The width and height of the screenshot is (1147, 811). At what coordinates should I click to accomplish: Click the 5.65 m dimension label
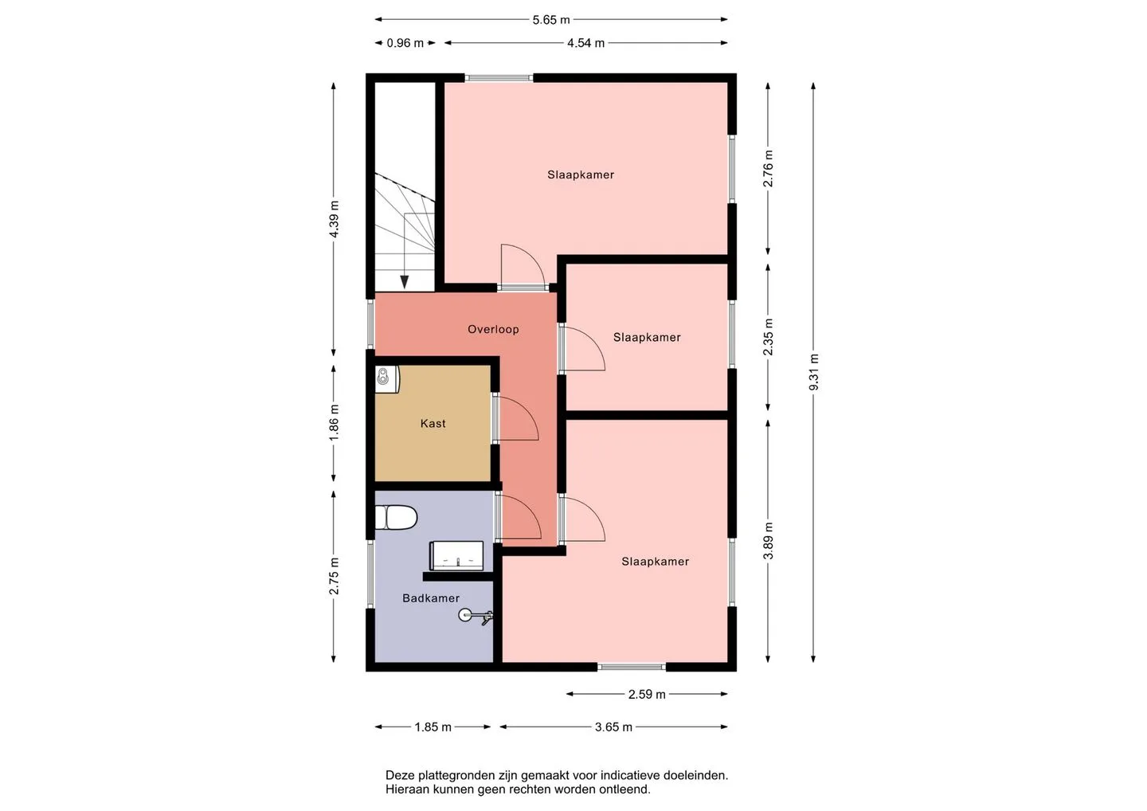(x=551, y=20)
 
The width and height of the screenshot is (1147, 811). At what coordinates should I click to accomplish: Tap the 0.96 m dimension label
(x=405, y=43)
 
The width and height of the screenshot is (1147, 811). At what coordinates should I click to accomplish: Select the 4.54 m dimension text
(x=585, y=43)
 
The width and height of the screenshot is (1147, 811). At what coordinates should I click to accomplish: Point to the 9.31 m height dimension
(x=814, y=372)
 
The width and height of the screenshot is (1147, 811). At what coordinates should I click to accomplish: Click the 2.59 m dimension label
(x=647, y=694)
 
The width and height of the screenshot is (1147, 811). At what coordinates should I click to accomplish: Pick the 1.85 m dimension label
(x=433, y=727)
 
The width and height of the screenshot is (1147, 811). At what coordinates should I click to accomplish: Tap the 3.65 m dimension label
(x=613, y=727)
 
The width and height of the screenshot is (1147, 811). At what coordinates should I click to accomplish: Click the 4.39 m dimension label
(x=334, y=219)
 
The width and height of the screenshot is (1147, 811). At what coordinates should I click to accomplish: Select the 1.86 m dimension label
(x=334, y=423)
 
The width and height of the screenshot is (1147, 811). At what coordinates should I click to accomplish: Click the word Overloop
(x=493, y=329)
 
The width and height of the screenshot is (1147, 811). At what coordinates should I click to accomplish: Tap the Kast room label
(x=433, y=423)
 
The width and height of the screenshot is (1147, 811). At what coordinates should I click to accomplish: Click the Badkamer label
(x=431, y=598)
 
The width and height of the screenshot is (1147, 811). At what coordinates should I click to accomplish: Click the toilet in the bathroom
(x=396, y=518)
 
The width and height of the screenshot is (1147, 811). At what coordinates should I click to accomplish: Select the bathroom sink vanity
(x=456, y=555)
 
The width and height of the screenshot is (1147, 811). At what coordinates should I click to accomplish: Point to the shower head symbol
(x=476, y=616)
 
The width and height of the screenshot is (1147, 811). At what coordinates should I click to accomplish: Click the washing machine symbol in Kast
(x=387, y=379)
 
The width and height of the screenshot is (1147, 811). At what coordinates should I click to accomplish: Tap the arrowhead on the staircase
(x=405, y=282)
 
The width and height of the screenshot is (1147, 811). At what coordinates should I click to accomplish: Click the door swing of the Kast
(x=517, y=418)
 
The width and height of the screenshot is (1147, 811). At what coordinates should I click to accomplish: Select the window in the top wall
(x=499, y=78)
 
